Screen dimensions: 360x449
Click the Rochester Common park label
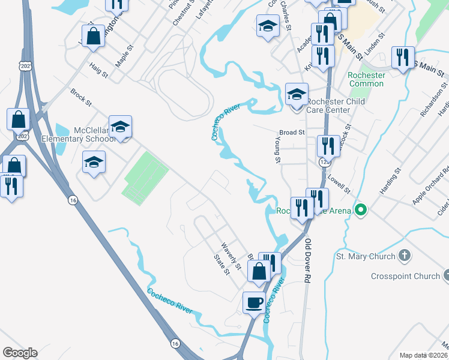[x=366, y=79]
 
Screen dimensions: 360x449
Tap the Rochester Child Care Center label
[x=336, y=106]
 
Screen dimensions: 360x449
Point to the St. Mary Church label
[x=365, y=257]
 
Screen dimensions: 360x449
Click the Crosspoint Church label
[x=405, y=277]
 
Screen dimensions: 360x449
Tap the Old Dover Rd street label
[x=309, y=261]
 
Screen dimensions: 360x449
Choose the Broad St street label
[x=292, y=132]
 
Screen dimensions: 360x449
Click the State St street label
[x=222, y=264]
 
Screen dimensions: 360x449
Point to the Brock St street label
[x=81, y=99]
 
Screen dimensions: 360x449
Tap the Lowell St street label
[x=339, y=184]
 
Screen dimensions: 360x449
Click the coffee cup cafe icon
[x=253, y=302]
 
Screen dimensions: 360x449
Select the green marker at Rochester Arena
[x=360, y=211]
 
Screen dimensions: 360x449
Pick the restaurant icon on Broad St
[x=328, y=145]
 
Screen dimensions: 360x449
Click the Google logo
[x=20, y=353]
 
